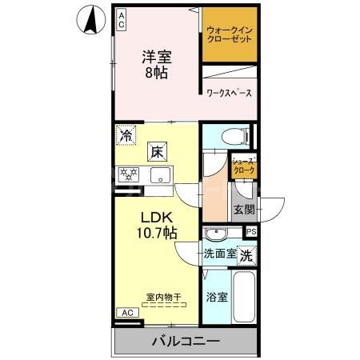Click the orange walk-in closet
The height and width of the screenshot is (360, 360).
coord(229,36)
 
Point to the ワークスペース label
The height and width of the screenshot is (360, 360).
coord(229,93)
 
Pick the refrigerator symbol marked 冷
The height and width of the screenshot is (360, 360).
coord(125,135)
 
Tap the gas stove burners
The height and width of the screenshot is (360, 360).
coord(129,174)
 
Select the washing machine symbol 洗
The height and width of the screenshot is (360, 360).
coord(249,256)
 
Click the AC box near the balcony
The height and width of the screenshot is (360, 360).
coord(127,313)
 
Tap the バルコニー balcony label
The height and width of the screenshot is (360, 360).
coord(186,342)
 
